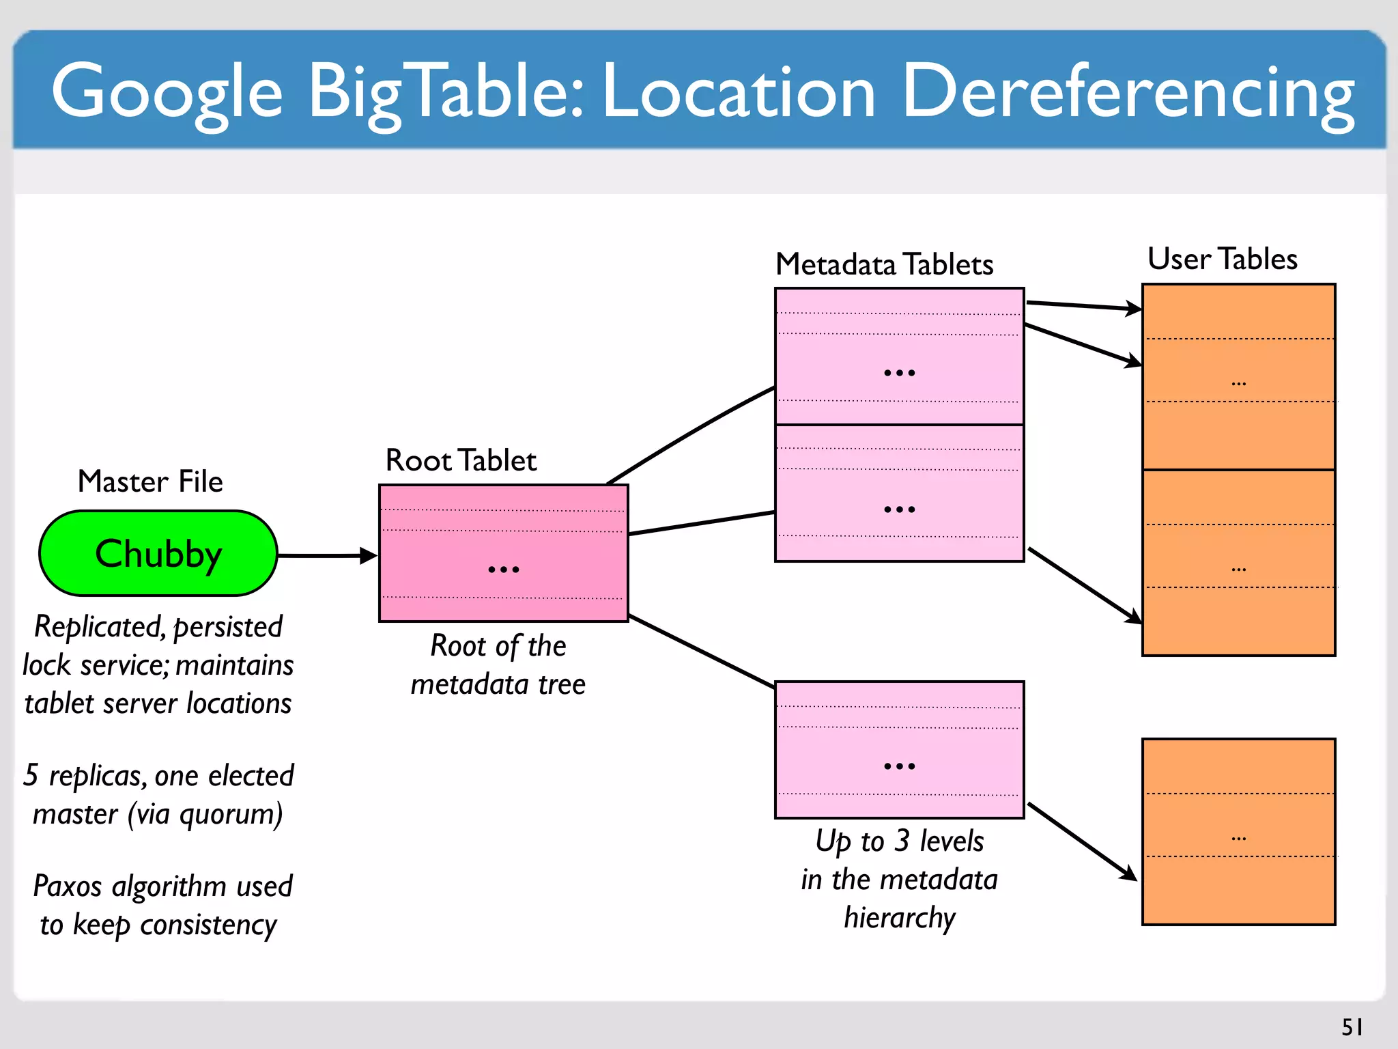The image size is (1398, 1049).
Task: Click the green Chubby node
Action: pyautogui.click(x=158, y=553)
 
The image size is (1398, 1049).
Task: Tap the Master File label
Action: pyautogui.click(x=150, y=481)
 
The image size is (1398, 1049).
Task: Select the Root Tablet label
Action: pyautogui.click(x=461, y=460)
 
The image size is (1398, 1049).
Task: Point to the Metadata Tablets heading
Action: pyautogui.click(x=885, y=264)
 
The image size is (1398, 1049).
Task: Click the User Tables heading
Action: pyautogui.click(x=1222, y=259)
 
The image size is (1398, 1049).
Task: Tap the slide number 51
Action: pyautogui.click(x=1352, y=1027)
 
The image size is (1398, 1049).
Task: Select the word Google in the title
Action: pyautogui.click(x=167, y=92)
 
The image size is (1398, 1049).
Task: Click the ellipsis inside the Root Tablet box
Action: pyautogui.click(x=504, y=569)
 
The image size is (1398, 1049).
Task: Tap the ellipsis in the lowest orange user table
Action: pyautogui.click(x=1238, y=838)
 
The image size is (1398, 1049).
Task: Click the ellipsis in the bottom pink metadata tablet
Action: pyautogui.click(x=899, y=766)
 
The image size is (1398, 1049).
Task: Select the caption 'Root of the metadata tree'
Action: pyautogui.click(x=498, y=665)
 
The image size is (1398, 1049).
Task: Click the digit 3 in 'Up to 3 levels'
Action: pyautogui.click(x=902, y=841)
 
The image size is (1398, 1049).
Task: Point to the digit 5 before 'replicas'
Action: pyautogui.click(x=31, y=775)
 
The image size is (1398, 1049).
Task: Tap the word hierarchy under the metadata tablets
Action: pyautogui.click(x=900, y=918)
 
